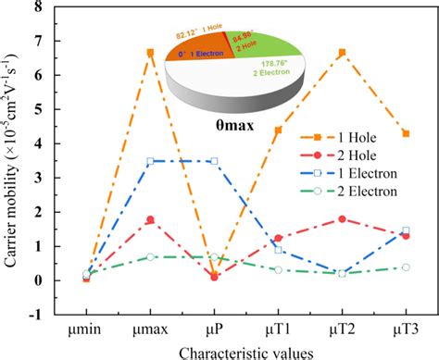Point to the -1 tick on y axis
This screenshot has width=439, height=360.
point(46,315)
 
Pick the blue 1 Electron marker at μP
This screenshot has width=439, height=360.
point(214,161)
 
